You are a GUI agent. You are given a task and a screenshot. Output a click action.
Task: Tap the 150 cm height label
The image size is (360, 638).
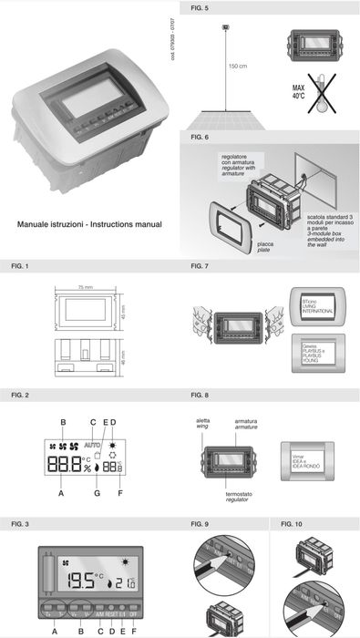(x=239, y=67)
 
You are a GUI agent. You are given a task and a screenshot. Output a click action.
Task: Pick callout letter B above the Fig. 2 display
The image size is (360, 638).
(x=63, y=421)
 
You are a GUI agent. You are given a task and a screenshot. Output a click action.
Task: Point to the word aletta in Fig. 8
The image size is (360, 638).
(x=202, y=421)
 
